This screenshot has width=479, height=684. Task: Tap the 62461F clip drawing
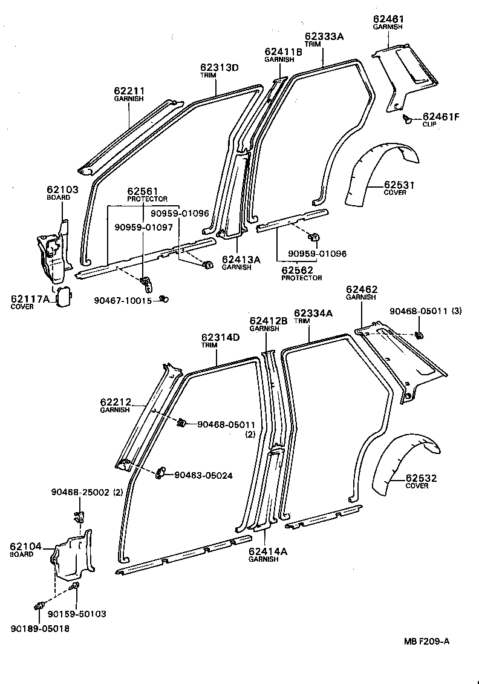coord(408,119)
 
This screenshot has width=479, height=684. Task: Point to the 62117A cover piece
coord(64,297)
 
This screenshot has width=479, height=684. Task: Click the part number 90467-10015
coord(123,300)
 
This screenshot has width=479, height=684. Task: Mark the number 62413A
coord(241,260)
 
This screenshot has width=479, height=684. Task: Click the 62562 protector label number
coord(297,271)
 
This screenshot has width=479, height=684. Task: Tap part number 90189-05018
coord(40,628)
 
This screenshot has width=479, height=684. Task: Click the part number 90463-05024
coord(203,475)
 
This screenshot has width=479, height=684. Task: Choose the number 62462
coord(361,289)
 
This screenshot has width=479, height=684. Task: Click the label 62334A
coord(313,313)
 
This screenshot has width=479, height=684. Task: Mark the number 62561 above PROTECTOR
coord(142,191)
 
